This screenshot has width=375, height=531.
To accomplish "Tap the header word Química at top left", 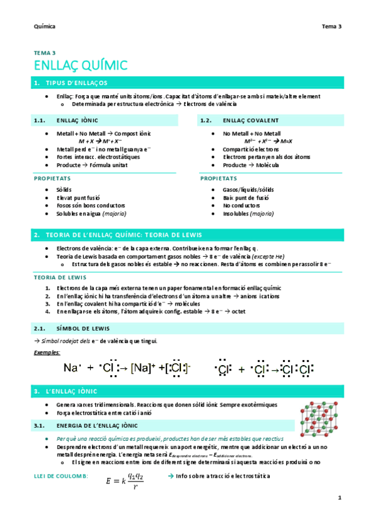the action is (x=44, y=26).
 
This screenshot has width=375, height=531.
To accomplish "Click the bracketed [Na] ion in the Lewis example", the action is (x=141, y=368).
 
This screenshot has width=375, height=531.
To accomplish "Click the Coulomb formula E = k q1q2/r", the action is (x=125, y=480).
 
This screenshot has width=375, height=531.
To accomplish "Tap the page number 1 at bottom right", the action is (x=339, y=498).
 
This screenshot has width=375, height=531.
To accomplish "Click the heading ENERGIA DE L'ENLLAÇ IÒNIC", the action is (x=98, y=426).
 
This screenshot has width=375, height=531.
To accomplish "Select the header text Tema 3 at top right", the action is (x=331, y=26).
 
